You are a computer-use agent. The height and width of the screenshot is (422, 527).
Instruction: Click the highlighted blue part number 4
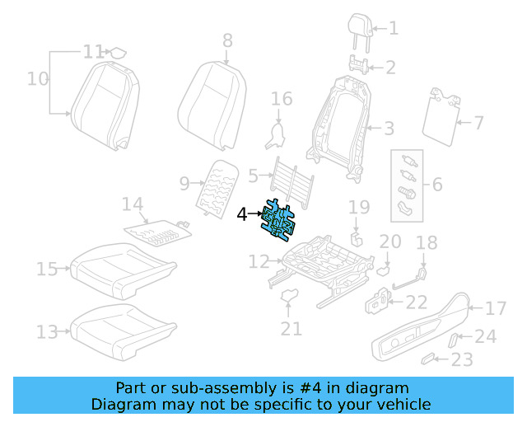[278, 220]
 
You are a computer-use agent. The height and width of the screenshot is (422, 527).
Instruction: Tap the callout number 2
[390, 68]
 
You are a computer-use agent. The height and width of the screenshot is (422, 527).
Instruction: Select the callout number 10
[37, 79]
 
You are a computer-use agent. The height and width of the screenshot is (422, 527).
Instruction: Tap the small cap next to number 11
[119, 52]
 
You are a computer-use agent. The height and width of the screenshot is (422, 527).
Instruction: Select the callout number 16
[282, 100]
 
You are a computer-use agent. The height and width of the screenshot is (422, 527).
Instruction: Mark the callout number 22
[417, 303]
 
